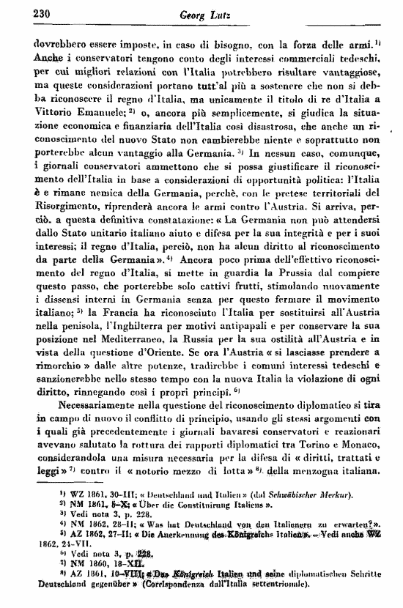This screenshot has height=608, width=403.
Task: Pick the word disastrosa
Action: pos(255,127)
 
